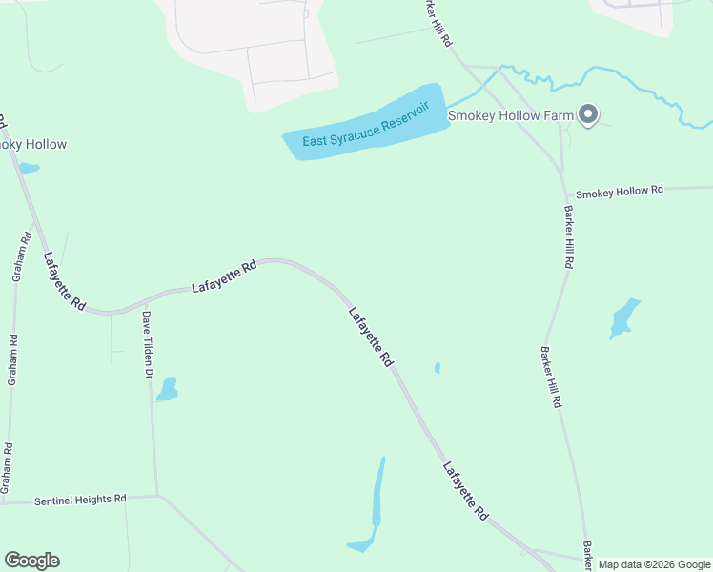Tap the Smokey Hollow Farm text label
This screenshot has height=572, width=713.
coord(510,116)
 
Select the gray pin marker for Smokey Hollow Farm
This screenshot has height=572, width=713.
coord(588,115)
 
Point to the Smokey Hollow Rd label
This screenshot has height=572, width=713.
coord(619,191)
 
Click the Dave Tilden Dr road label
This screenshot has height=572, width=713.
coord(148,344)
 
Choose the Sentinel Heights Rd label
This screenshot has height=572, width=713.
coord(80,499)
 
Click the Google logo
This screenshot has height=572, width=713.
coord(31,561)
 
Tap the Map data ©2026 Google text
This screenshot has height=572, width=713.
coord(653,564)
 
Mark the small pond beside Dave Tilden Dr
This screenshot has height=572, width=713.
coord(167,389)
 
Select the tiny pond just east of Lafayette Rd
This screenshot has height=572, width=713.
coord(438,367)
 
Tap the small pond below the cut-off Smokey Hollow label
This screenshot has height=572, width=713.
coord(30,169)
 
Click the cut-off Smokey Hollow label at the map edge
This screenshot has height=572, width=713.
coord(33,145)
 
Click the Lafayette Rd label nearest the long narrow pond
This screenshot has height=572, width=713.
coord(465,490)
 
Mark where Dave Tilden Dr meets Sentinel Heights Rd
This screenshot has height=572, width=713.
coord(156,495)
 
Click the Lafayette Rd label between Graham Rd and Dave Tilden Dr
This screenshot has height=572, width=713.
coord(65,282)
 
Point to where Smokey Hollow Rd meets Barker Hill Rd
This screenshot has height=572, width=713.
coord(564,194)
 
